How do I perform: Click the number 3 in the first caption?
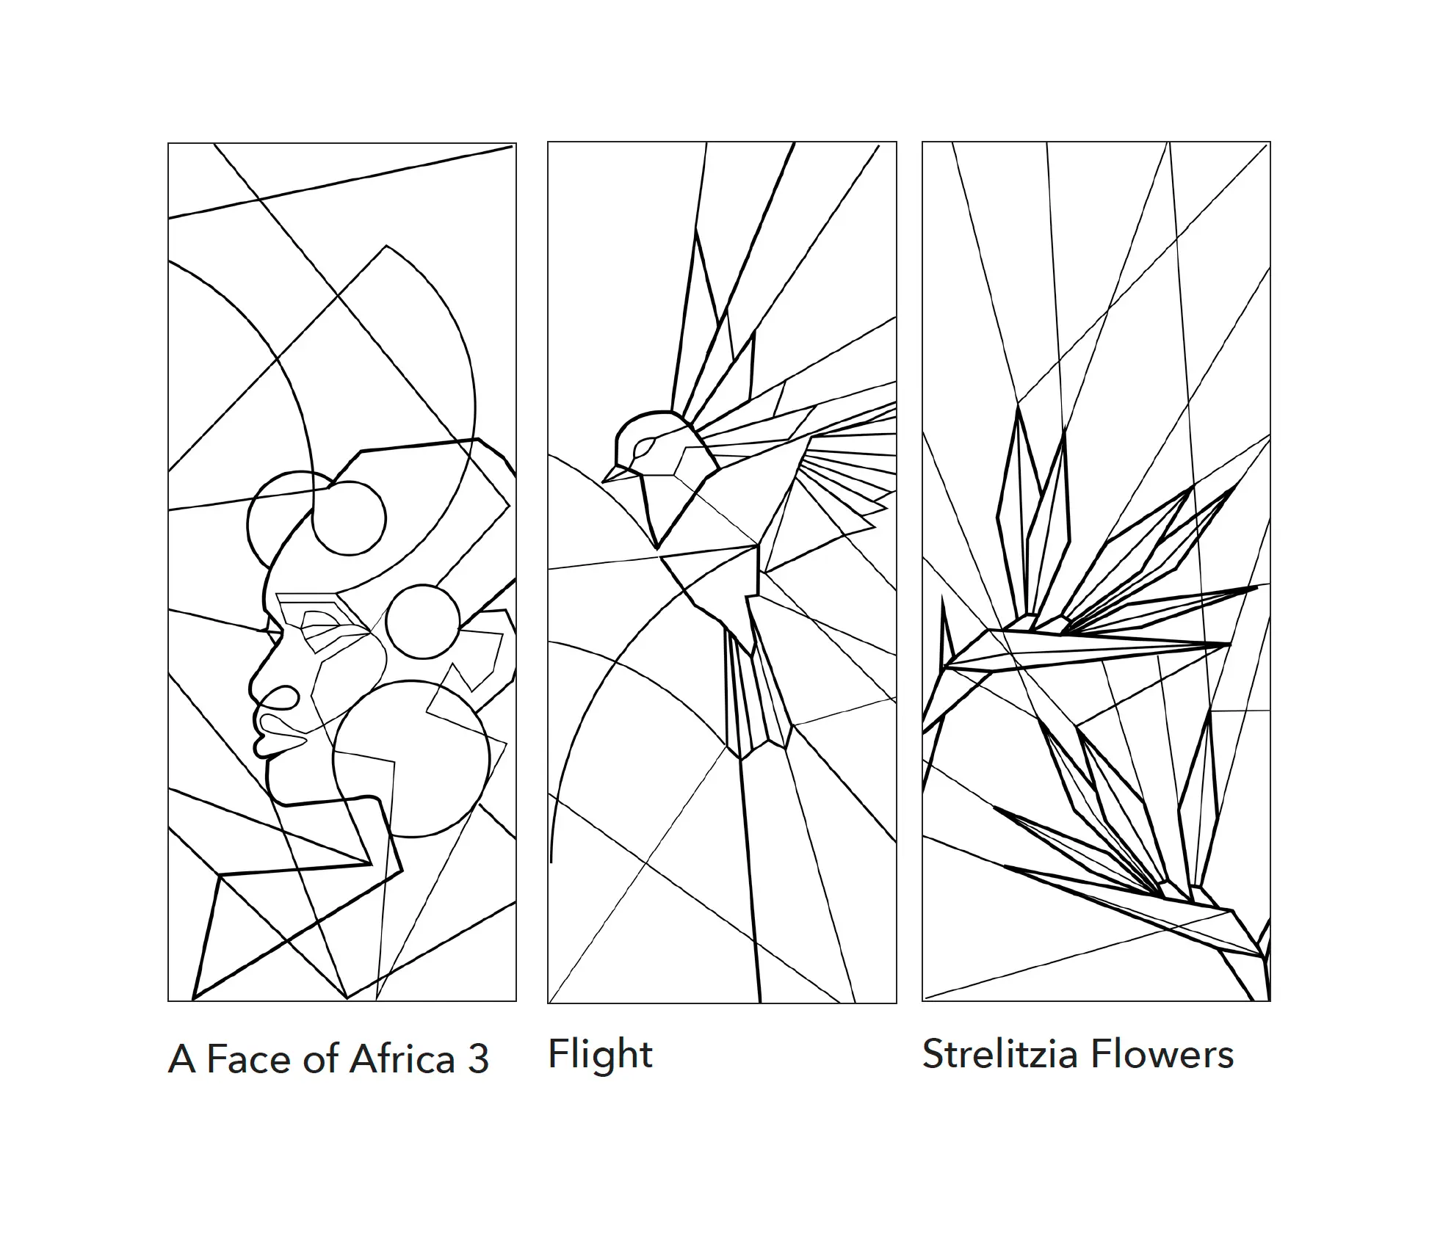(478, 1059)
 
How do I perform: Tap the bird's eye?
(644, 445)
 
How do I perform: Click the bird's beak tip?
(603, 482)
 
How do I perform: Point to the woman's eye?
(318, 621)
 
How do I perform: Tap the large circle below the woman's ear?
(411, 759)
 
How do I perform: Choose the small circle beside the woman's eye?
(423, 622)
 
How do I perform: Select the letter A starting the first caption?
(182, 1059)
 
